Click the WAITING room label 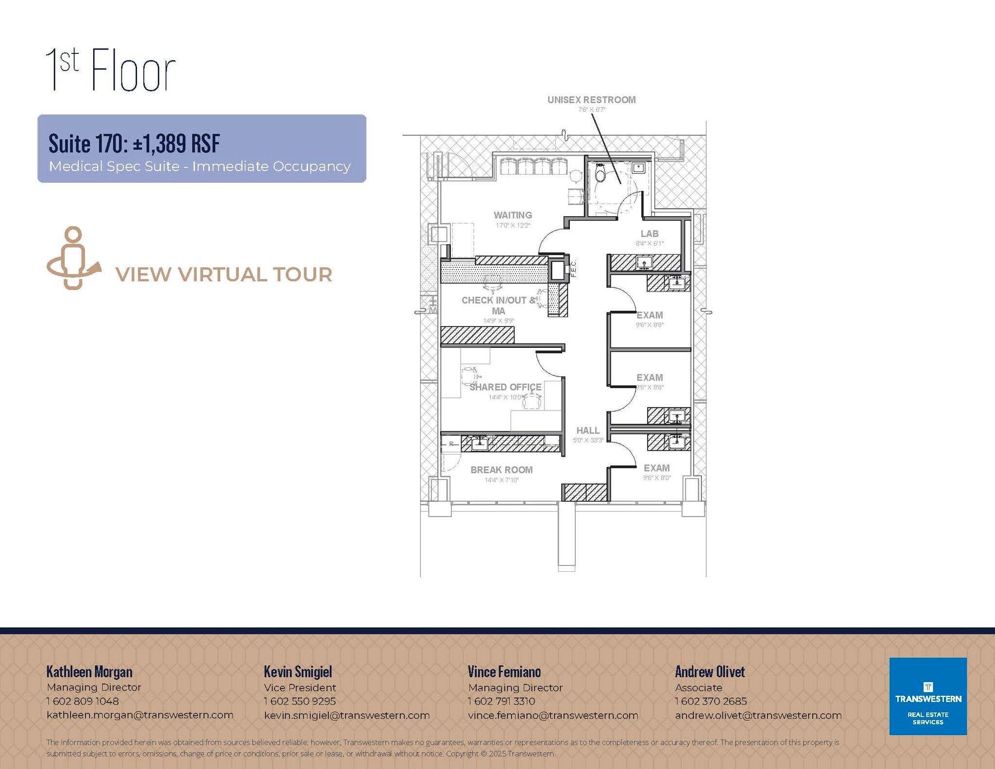click(513, 215)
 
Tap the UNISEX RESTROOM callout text click(591, 100)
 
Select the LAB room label click(649, 234)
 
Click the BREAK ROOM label click(501, 470)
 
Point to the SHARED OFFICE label click(505, 387)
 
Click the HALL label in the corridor click(588, 430)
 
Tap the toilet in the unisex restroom click(600, 173)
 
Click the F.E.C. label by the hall click(573, 269)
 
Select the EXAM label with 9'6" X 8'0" click(656, 468)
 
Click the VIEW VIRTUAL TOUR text click(223, 274)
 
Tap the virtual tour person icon click(73, 258)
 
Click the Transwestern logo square click(927, 696)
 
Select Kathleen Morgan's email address click(140, 715)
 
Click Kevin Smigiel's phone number click(300, 701)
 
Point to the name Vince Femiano click(504, 672)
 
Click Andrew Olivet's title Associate click(698, 687)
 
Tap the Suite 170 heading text click(134, 143)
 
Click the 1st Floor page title click(110, 70)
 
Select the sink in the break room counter click(480, 443)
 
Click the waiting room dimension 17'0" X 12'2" click(513, 225)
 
